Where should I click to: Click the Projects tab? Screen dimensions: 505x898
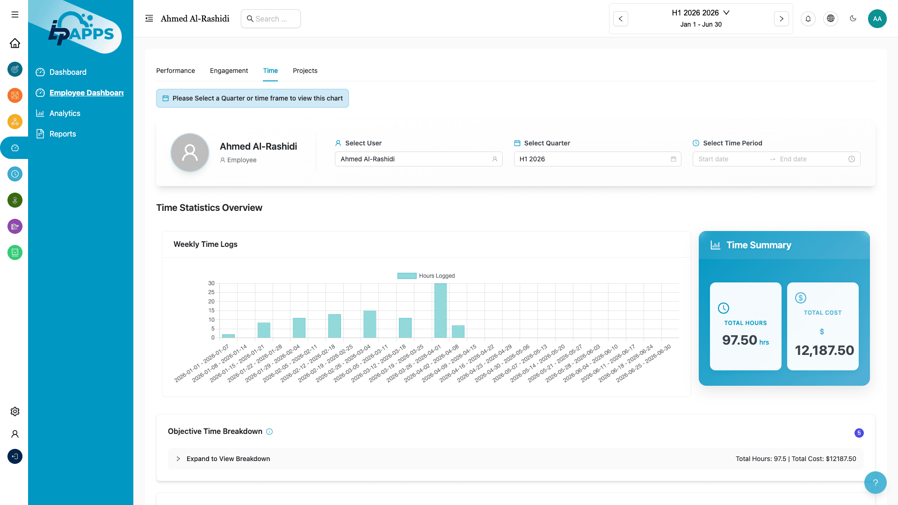click(x=305, y=71)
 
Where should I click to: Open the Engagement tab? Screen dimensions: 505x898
click(x=229, y=71)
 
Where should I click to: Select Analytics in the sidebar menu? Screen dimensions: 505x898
click(x=65, y=113)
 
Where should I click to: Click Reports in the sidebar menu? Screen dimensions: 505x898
click(x=63, y=134)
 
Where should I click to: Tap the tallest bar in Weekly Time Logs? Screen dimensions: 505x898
click(x=440, y=310)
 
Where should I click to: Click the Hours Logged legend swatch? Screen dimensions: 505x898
click(x=406, y=276)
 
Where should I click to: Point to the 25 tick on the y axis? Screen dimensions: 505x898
click(x=211, y=292)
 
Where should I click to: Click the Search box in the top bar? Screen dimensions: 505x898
click(x=271, y=19)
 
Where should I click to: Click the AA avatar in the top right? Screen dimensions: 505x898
click(x=877, y=19)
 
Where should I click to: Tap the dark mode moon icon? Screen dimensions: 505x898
click(x=853, y=19)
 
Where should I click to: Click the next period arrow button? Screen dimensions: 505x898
click(x=781, y=19)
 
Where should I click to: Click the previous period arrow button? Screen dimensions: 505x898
click(x=621, y=19)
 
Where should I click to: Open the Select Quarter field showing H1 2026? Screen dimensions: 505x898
click(x=597, y=159)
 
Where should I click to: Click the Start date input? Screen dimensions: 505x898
click(x=730, y=159)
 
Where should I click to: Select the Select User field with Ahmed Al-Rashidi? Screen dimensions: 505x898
click(x=418, y=159)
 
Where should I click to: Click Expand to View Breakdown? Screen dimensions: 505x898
click(x=228, y=459)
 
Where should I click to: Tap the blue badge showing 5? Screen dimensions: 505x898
click(x=859, y=433)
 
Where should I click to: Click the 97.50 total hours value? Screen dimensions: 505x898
click(x=739, y=340)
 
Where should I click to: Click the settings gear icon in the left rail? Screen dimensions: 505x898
click(x=15, y=411)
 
